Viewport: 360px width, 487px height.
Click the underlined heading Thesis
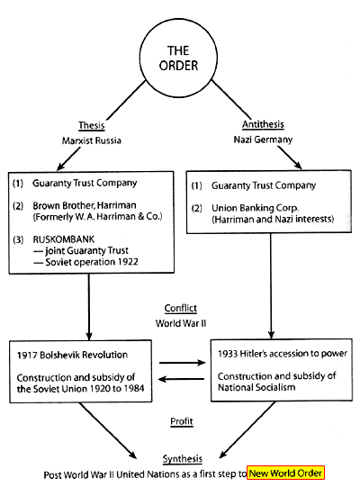[91, 125]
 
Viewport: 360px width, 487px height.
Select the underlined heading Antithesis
[263, 124]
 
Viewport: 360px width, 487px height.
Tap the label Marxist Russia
[91, 140]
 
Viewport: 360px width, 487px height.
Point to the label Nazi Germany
[263, 140]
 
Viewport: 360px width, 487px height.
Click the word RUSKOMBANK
[63, 239]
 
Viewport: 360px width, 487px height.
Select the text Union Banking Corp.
[255, 208]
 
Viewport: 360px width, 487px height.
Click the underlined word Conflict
[181, 308]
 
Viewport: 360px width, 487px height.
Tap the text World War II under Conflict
[181, 323]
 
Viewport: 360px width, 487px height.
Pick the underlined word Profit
[182, 421]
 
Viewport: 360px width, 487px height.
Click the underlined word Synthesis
[183, 459]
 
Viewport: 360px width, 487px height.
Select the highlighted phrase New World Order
[285, 473]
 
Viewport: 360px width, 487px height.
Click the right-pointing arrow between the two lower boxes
[183, 363]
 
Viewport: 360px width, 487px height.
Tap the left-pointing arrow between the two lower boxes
[181, 379]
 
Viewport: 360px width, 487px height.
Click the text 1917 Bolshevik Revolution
[72, 355]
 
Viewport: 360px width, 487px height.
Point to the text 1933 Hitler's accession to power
[283, 354]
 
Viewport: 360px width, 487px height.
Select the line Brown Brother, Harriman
[85, 205]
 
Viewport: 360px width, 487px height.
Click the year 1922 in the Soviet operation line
[128, 262]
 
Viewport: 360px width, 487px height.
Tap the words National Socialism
[256, 387]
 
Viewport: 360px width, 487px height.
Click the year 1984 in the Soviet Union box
[133, 389]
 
